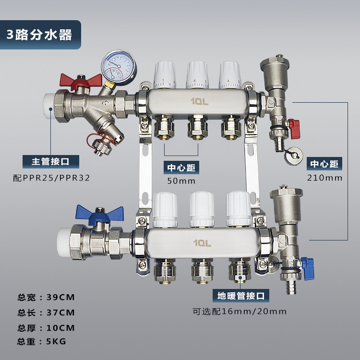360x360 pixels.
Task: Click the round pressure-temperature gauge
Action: click(119, 68)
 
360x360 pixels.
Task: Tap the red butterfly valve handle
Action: click(81, 81)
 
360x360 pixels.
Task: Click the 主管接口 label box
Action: click(51, 162)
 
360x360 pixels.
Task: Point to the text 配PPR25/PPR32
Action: click(51, 178)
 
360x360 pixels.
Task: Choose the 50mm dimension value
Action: click(181, 181)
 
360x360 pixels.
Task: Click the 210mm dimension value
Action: click(324, 178)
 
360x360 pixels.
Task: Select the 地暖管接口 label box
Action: click(241, 296)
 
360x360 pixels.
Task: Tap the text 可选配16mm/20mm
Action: click(240, 312)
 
